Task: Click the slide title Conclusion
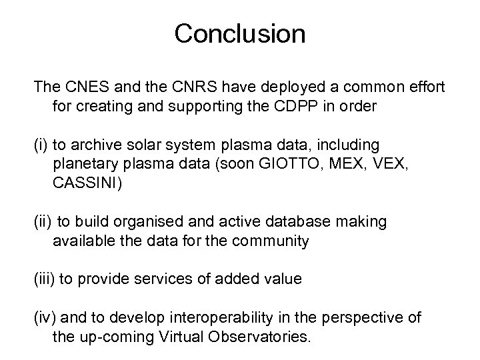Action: [239, 33]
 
